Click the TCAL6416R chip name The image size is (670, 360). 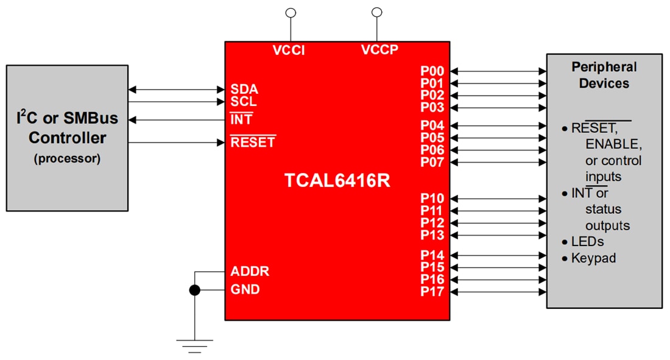point(336,180)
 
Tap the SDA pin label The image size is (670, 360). point(244,90)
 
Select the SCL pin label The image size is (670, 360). point(244,102)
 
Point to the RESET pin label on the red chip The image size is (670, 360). point(253,143)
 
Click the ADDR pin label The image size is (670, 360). point(250,271)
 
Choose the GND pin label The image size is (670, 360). point(245,289)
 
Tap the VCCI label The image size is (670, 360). point(289,51)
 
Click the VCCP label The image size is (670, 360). point(379,50)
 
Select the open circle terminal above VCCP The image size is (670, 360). point(377,12)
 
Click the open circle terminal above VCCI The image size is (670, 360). point(291,12)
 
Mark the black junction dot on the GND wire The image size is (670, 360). point(194,290)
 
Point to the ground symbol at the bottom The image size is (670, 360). point(194,345)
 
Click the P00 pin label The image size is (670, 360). point(432,71)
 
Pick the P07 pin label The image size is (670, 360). point(432,162)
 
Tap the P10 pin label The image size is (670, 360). point(432,199)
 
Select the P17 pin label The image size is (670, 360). point(432,292)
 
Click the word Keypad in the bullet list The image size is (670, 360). point(593,258)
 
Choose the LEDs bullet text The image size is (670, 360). point(587,242)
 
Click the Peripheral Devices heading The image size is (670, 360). point(604,75)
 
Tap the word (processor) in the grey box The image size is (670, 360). point(67,159)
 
